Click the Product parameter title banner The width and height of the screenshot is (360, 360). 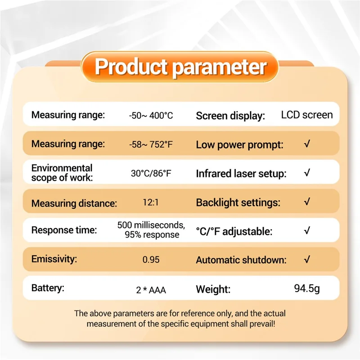point(180,67)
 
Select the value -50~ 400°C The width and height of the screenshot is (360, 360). point(151,116)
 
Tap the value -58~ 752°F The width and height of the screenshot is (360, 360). point(151,145)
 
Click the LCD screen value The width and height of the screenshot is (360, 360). point(307,115)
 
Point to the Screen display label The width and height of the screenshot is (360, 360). point(230,116)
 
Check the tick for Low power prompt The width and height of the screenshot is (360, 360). point(307,145)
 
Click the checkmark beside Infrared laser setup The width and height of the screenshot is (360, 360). point(307,173)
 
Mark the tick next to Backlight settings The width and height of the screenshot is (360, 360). point(307,202)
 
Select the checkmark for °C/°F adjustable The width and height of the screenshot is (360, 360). point(307,231)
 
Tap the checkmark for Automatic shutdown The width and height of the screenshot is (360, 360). point(307,260)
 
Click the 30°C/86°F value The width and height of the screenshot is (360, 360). point(151,174)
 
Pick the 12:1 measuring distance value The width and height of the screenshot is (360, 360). point(151,202)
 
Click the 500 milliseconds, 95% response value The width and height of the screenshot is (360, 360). point(151,229)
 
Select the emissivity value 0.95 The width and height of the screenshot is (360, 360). point(151,260)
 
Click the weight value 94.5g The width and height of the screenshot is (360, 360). point(307,288)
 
